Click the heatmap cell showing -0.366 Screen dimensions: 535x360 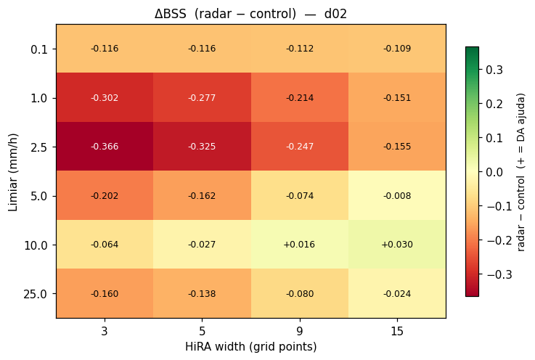[105, 147]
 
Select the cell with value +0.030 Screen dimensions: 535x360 [397, 245]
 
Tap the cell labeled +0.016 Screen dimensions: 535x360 [300, 245]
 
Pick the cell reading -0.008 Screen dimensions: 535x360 [397, 195]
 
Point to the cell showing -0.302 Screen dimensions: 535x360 [105, 97]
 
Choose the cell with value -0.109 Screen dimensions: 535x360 [397, 49]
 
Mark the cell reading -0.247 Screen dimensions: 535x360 [300, 147]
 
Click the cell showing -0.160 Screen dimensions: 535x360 [105, 293]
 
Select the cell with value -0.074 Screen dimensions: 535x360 [300, 195]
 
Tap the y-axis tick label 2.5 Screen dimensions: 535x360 [39, 147]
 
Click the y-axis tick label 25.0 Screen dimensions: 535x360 [36, 294]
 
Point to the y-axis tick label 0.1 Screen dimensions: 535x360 [39, 49]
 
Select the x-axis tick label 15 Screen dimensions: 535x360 [397, 331]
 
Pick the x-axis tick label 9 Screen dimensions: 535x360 [300, 331]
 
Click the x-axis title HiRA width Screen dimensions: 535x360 [216, 347]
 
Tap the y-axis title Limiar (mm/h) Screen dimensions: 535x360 [13, 172]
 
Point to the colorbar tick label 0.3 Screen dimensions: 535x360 [494, 70]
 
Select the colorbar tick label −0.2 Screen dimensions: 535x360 [499, 240]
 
